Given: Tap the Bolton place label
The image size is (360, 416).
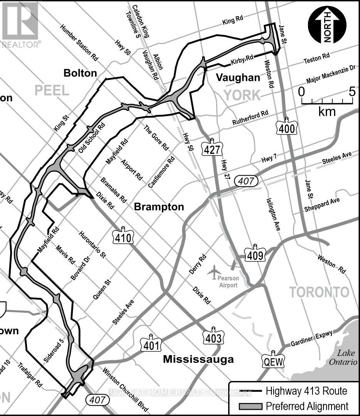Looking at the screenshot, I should pos(80,73).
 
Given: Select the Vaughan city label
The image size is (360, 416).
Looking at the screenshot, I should pos(238,77).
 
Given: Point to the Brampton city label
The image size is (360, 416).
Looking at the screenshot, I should pos(159,207).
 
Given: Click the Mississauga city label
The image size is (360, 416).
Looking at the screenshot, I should pos(198,359).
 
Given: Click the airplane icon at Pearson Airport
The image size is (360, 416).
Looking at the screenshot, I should pos(214,272).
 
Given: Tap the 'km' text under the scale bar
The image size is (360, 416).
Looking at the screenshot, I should pos(327,112).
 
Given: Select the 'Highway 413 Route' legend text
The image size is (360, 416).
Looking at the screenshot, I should pos(306,391).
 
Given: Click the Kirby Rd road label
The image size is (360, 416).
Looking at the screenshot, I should pos(242,59).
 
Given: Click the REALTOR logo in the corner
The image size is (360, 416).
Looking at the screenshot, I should pos(20,24).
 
